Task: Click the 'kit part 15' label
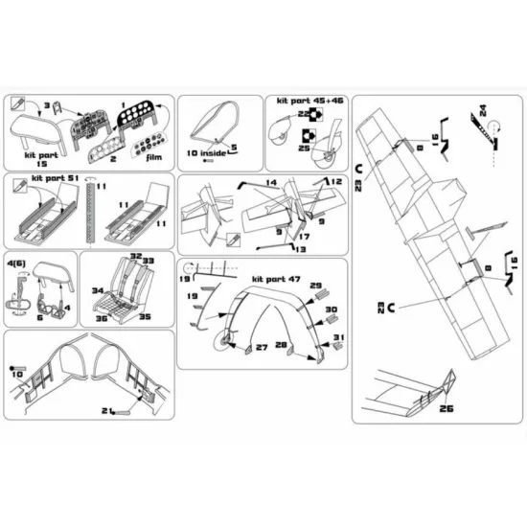click(35, 158)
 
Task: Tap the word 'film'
click(155, 160)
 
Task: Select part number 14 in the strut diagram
click(271, 182)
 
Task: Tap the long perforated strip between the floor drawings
click(87, 215)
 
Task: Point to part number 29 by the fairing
click(319, 286)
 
